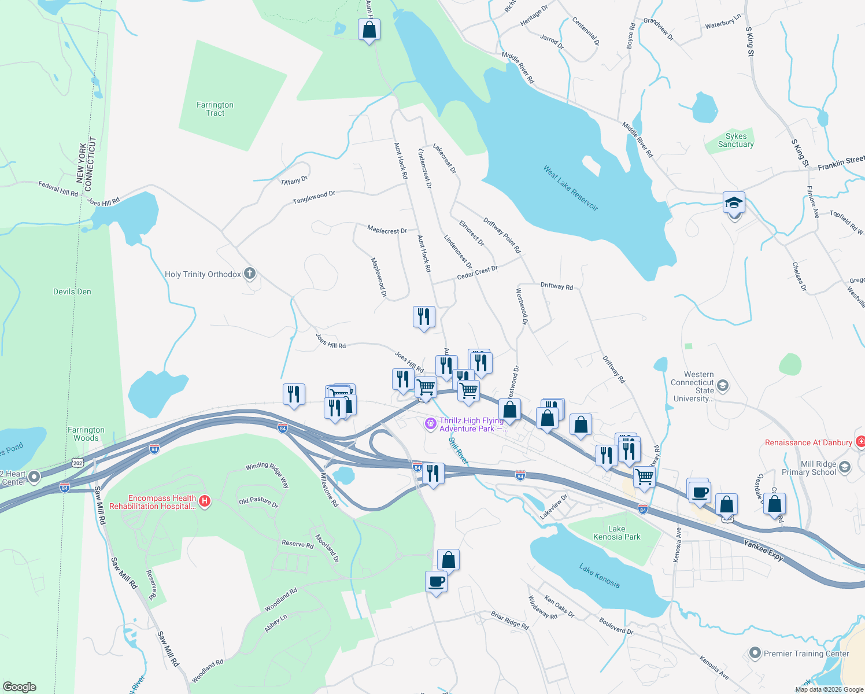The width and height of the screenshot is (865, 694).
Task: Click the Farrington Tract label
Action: coord(215,109)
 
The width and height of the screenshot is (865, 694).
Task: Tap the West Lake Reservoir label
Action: coord(570,188)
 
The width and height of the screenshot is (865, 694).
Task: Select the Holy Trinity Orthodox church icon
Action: coord(250,274)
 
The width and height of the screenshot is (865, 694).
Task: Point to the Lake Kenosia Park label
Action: coord(616,533)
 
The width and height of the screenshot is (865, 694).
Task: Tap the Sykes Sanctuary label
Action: coord(735,140)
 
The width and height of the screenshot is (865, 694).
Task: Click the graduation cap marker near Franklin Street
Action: coord(734,203)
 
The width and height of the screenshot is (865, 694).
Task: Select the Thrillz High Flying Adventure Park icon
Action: coord(430,424)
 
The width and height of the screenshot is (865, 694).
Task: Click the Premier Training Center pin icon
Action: coord(755,654)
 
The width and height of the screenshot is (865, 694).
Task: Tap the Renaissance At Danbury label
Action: coord(808,442)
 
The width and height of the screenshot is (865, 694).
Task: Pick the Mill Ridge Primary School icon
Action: coord(845,467)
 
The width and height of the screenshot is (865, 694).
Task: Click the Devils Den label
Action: coord(72,291)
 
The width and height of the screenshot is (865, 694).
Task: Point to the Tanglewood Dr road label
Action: coord(314,197)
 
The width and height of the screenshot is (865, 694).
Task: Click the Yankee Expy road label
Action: coord(763,551)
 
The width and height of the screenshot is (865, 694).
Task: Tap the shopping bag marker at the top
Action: coord(369,29)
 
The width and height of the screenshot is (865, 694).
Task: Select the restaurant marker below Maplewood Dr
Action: coord(424,317)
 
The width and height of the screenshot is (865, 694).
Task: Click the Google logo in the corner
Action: coord(19,686)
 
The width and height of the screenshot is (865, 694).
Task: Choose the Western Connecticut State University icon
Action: coord(722,385)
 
